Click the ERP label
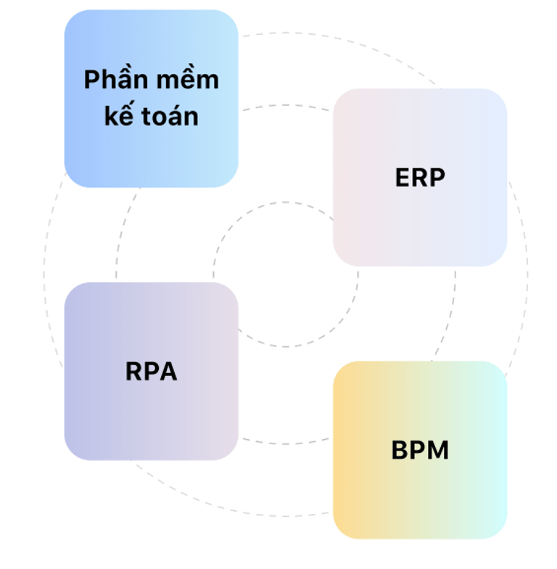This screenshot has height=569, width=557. [x=419, y=178]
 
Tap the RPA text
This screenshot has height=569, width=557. [x=151, y=372]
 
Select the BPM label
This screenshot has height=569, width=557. [x=420, y=451]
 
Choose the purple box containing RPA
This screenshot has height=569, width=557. [x=151, y=421]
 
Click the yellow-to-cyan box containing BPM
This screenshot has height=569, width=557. [x=420, y=501]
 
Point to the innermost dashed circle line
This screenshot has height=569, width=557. [x=285, y=347]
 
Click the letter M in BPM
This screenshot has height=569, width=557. [x=437, y=451]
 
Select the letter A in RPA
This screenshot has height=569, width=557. [x=168, y=372]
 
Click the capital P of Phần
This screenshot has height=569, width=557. [x=91, y=80]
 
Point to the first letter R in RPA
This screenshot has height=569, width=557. [x=134, y=372]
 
